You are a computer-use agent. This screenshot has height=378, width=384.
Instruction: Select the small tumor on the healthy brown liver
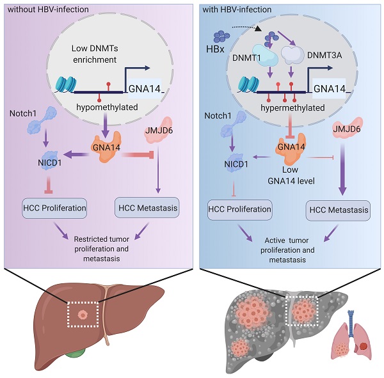[81, 317]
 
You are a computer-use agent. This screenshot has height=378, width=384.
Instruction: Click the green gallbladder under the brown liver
[79, 368]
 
